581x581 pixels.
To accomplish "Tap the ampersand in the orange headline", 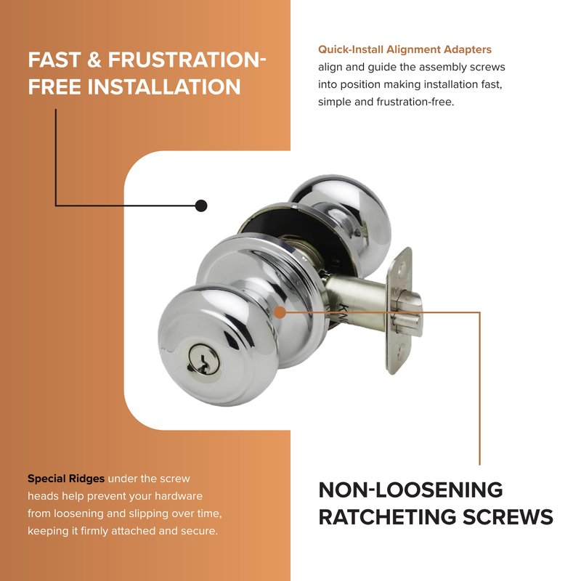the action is pyautogui.click(x=94, y=60).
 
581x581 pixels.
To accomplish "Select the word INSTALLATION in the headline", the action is pyautogui.click(x=164, y=86).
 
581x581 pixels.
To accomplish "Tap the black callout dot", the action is pyautogui.click(x=201, y=206).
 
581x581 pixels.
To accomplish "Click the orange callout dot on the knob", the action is pyautogui.click(x=280, y=312).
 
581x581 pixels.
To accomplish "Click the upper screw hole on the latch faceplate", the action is pyautogui.click(x=402, y=275).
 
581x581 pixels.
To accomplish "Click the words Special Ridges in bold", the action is pyautogui.click(x=66, y=479).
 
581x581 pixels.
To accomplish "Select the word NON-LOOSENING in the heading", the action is pyautogui.click(x=410, y=489).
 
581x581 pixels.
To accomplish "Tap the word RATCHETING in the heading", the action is pyautogui.click(x=387, y=517).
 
